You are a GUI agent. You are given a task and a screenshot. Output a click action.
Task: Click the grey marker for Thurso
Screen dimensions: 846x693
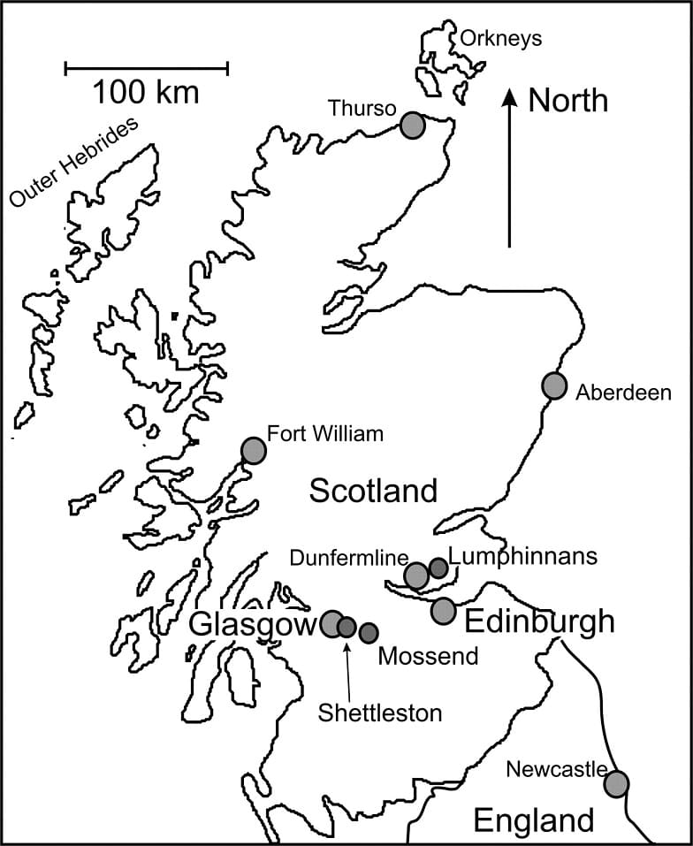[412, 125]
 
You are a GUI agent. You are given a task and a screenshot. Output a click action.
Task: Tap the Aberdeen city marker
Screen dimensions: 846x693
[554, 385]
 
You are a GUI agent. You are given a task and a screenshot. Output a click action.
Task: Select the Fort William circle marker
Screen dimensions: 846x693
[254, 450]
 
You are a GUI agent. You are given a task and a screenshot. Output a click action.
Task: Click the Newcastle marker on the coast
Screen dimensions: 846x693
[616, 783]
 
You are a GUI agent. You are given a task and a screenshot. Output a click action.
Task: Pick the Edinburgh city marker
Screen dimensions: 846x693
[444, 610]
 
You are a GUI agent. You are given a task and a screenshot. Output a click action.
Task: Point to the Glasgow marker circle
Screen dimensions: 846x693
[332, 624]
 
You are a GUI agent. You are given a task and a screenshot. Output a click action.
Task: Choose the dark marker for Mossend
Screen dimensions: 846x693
[369, 632]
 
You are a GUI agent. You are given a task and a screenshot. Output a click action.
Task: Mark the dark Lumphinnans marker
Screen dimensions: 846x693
[438, 568]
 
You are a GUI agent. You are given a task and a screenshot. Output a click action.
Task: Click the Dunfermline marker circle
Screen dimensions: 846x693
[416, 576]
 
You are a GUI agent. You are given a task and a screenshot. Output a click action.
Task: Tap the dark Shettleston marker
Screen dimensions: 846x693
[347, 628]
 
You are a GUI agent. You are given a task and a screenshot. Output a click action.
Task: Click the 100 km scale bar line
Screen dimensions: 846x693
[147, 67]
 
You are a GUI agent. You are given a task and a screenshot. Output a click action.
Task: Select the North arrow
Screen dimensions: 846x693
[509, 168]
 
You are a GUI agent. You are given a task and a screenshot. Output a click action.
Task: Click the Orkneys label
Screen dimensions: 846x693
[500, 39]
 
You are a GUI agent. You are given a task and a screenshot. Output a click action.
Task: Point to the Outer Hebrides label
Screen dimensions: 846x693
[74, 163]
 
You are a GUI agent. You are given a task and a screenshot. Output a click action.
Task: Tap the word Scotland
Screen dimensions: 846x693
[373, 490]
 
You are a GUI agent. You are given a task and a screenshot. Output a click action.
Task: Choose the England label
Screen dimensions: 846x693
[534, 820]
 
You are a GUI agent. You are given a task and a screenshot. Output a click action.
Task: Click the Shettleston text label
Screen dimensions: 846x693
[380, 713]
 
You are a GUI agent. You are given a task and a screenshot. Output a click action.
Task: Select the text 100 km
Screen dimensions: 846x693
[147, 91]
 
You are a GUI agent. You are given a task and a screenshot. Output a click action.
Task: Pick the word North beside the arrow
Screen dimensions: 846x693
[567, 100]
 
